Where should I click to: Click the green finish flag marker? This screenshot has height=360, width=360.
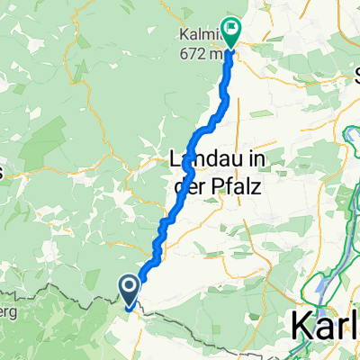[x=230, y=32]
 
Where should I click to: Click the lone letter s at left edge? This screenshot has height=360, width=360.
[x=4, y=170]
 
